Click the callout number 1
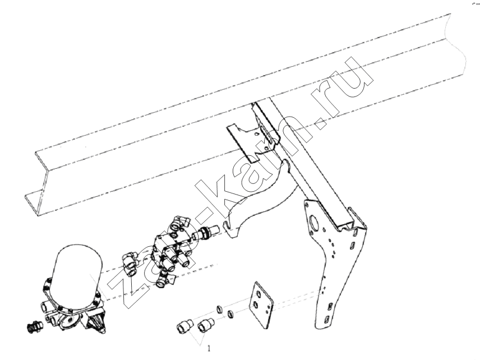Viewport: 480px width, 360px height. (x=209, y=349)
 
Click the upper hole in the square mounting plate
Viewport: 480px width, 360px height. (x=259, y=294)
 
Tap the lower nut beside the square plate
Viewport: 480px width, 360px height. (x=231, y=314)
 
